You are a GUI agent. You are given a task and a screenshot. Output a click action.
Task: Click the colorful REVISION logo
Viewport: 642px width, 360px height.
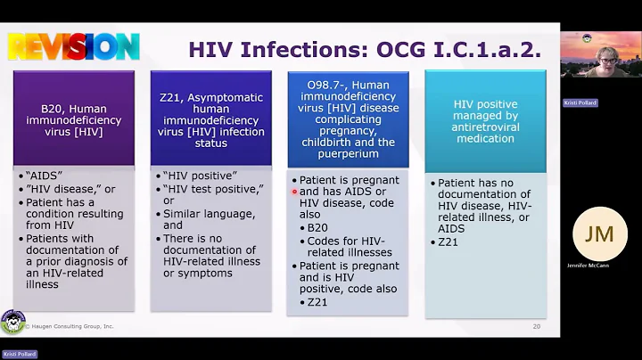(74, 47)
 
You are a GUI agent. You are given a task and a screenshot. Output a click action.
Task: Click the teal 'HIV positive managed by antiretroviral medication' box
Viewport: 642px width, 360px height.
(484, 121)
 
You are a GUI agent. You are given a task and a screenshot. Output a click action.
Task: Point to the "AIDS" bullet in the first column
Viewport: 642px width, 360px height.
(45, 176)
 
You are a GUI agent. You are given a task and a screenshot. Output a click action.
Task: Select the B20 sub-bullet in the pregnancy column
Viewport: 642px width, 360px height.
(317, 227)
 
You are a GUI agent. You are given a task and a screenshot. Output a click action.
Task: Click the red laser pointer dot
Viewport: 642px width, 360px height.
(295, 192)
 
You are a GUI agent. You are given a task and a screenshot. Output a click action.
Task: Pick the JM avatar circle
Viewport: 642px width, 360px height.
(599, 233)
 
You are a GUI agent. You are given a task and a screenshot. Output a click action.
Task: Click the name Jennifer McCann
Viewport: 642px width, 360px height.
(588, 266)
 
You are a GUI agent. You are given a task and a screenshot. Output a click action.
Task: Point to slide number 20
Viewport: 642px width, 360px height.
(537, 327)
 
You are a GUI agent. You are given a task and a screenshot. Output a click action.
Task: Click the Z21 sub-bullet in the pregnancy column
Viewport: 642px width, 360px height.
(317, 302)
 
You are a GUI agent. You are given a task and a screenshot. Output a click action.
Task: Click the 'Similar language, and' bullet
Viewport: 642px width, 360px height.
(210, 219)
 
